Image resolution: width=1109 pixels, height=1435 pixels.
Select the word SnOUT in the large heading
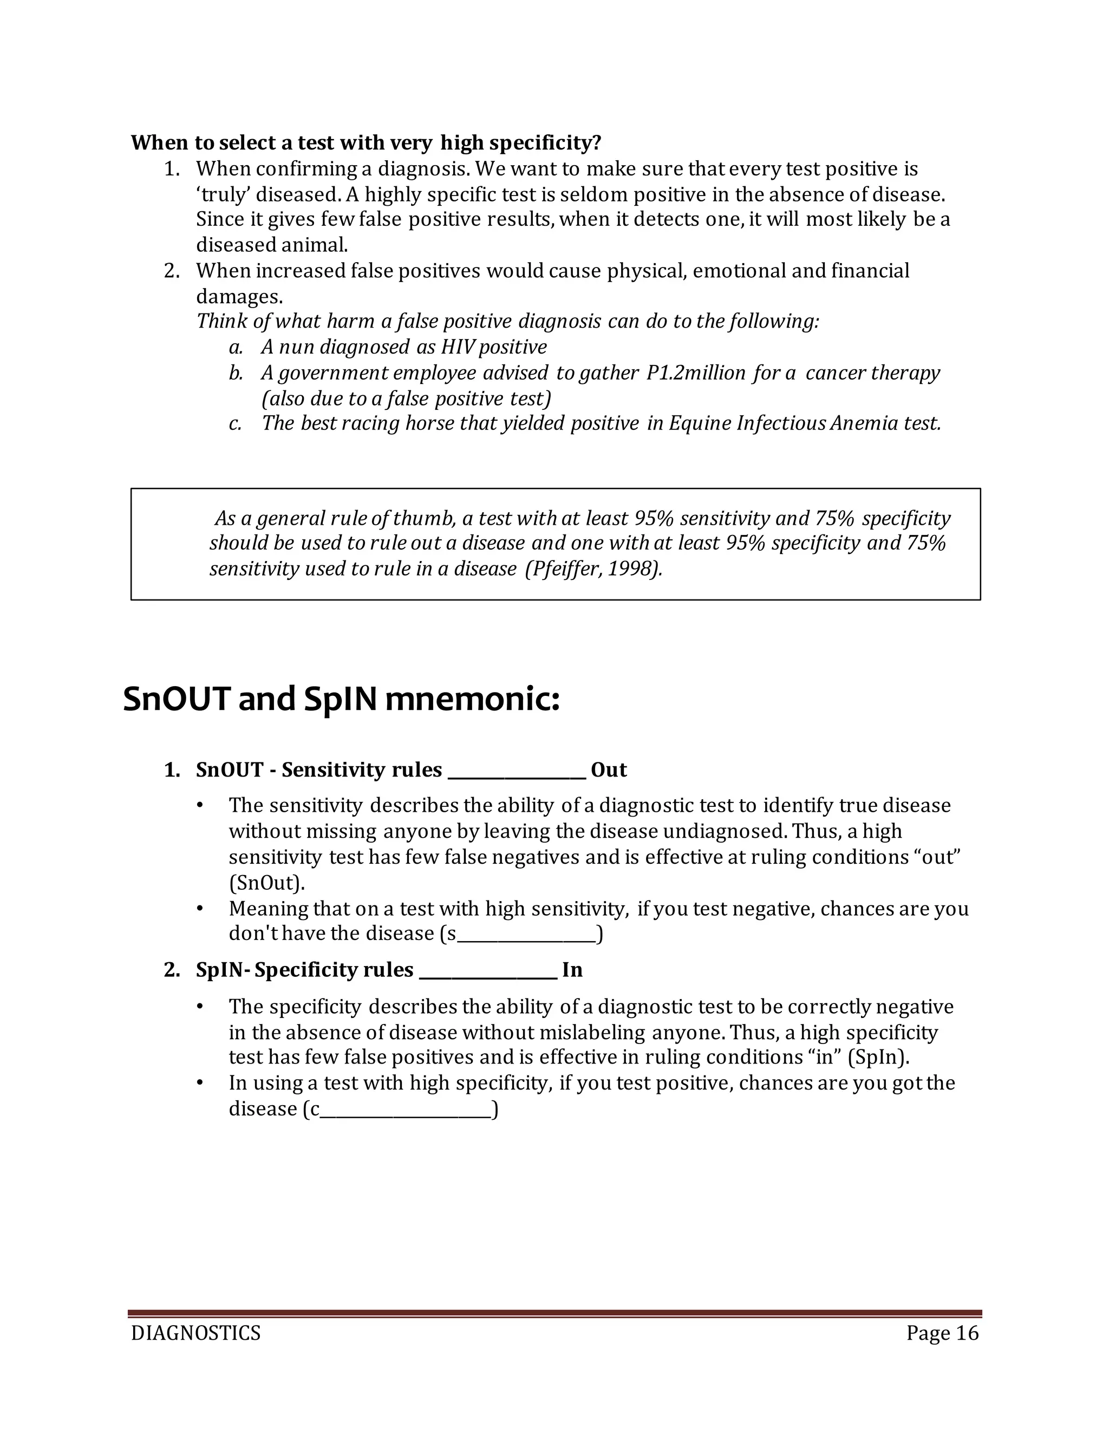[x=176, y=699]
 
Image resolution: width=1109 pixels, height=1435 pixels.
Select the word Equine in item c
[x=700, y=424]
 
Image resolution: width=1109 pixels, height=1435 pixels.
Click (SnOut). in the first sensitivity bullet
[x=267, y=883]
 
